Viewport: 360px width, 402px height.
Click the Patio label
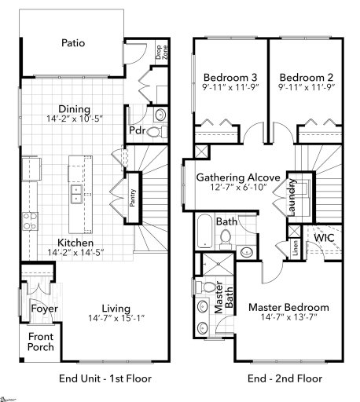coord(72,44)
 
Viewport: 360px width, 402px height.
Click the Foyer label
coord(44,309)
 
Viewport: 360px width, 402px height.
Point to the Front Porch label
coord(40,342)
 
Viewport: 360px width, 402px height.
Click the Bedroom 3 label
coord(226,77)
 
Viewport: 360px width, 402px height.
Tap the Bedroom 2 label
coord(302,77)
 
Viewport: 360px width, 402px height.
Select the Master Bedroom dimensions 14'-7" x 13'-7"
coord(289,317)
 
